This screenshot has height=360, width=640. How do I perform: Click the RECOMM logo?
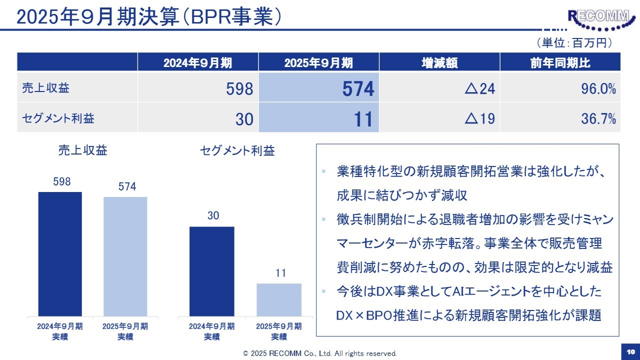tap(598, 19)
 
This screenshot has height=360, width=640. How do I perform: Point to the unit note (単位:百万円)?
tap(574, 43)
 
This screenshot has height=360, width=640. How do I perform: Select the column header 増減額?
tap(439, 62)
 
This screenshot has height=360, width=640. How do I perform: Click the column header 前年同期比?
tap(560, 62)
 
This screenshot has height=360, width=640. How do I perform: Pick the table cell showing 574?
tap(318, 89)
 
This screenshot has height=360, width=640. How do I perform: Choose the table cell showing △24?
tap(439, 89)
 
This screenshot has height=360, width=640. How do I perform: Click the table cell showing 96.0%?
tap(560, 89)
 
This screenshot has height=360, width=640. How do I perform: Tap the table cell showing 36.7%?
tap(560, 119)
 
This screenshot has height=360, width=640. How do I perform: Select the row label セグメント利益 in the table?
tap(58, 118)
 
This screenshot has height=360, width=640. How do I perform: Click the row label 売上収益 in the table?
tap(46, 88)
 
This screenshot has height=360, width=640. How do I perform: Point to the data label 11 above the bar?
tap(280, 273)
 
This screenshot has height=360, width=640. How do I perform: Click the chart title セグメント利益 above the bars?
tap(237, 150)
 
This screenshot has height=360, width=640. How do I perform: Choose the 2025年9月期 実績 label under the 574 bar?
tap(125, 331)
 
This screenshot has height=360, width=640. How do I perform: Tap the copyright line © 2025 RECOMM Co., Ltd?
tap(320, 353)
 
